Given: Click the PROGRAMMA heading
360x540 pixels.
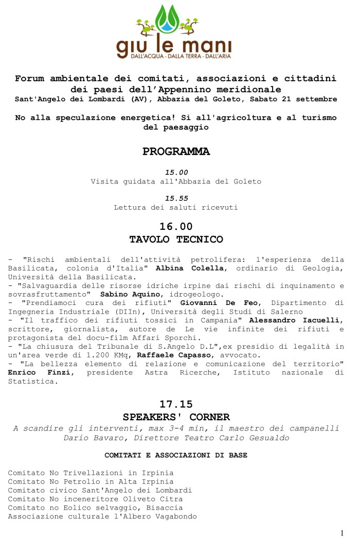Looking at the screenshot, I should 176,152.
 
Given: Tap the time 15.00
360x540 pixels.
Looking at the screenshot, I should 176,172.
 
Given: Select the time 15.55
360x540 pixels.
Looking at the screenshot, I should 176,198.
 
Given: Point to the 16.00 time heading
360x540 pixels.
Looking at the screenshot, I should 176,226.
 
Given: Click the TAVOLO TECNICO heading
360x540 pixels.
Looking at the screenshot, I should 176,239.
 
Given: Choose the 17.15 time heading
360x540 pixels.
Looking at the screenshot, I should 176,404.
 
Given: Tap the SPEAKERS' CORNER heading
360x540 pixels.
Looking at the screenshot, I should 176,417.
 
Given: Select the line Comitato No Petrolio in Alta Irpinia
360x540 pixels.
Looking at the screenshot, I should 91,481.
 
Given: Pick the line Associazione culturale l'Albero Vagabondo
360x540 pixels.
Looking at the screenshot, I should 102,516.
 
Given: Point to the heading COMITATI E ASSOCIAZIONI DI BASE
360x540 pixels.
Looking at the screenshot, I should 176,455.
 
